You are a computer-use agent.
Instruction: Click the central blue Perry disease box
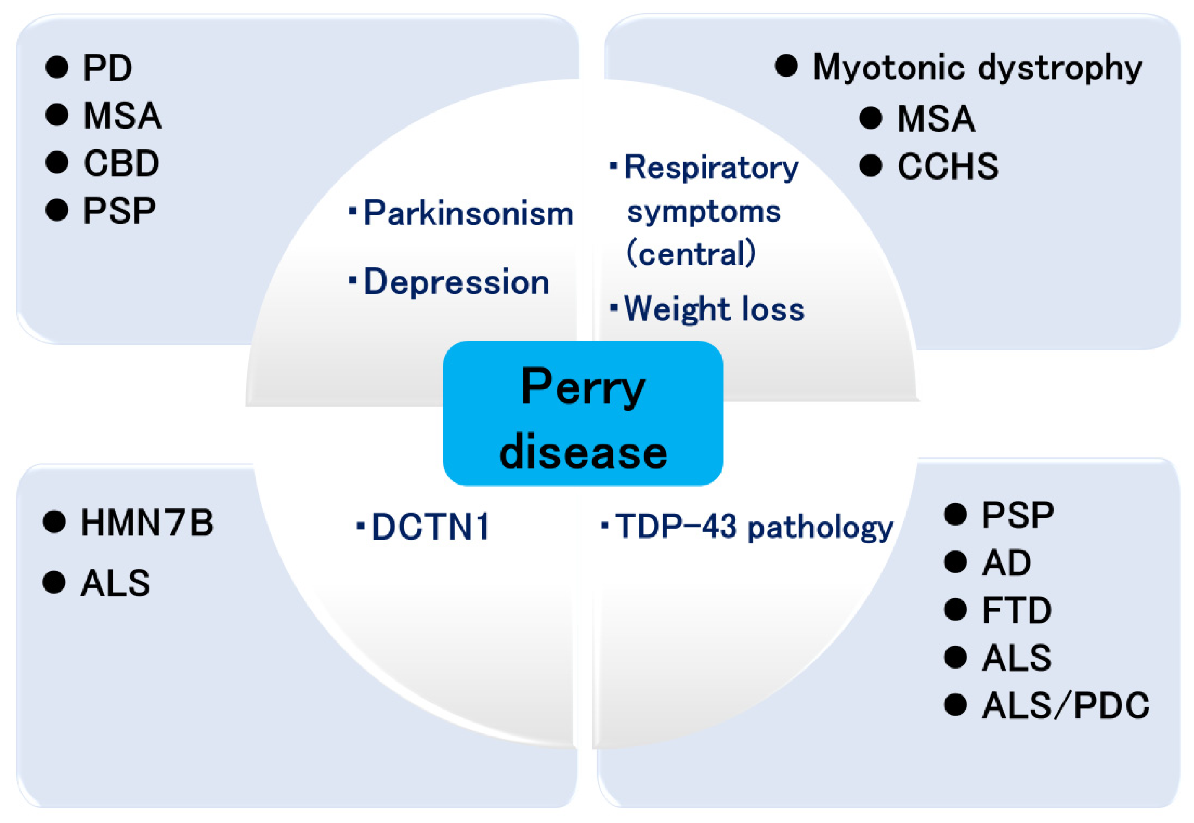(582, 413)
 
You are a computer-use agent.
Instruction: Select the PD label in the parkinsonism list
(107, 68)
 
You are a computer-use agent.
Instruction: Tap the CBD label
(121, 163)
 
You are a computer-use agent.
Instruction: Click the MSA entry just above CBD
(122, 115)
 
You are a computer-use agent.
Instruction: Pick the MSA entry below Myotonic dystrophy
(935, 119)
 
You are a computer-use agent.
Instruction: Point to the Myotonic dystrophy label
(977, 68)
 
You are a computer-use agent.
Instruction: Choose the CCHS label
(947, 166)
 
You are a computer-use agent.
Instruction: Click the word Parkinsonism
(468, 213)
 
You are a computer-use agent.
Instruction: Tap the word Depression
(456, 282)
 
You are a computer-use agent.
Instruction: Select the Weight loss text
(714, 309)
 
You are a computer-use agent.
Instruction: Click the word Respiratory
(711, 168)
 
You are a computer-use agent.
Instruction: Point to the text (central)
(690, 253)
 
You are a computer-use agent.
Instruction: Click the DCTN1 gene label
(430, 527)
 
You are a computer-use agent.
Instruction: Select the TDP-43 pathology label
(754, 527)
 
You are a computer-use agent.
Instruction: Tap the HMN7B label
(146, 522)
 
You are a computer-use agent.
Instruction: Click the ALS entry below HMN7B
(115, 583)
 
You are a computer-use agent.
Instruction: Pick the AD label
(1006, 562)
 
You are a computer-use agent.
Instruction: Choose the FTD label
(1016, 610)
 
